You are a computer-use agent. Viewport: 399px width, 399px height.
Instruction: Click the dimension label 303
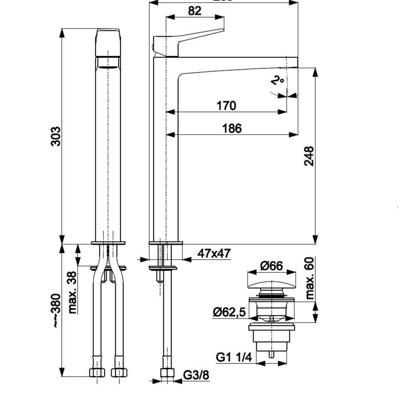coord(56,136)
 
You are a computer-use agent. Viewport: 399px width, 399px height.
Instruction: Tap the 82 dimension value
coord(194,11)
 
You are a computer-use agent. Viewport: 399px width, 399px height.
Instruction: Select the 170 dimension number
coord(226,105)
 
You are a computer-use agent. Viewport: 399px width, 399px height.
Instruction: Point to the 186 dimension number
coord(232,128)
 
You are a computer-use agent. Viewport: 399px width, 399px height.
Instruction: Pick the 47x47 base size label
coord(214,253)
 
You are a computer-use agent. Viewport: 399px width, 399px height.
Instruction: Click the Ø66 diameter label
coord(272,266)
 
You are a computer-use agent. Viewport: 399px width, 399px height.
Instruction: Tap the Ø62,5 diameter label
coord(229,312)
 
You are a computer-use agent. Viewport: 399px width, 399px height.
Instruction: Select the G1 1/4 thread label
coord(233,357)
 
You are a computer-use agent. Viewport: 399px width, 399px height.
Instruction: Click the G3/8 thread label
coord(196,375)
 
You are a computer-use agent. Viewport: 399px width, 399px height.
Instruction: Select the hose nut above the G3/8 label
coord(167,372)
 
